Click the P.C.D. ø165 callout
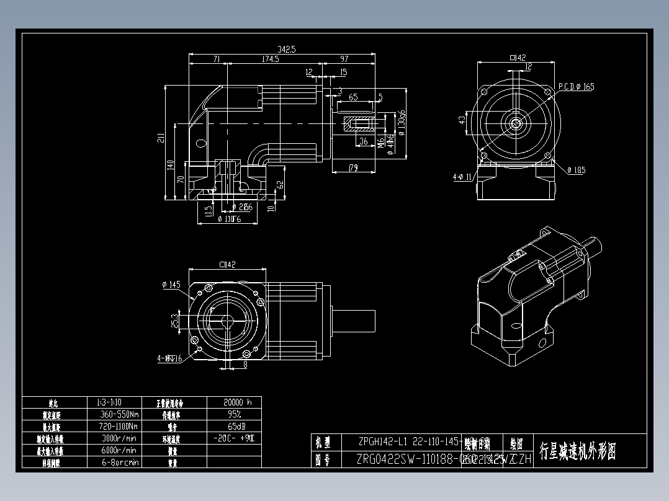tap(575, 87)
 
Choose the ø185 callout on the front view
tap(575, 170)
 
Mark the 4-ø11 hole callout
tap(463, 177)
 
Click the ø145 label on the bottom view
tap(171, 285)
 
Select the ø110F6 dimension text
tap(229, 218)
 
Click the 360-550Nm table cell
tap(119, 414)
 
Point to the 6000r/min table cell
tap(119, 450)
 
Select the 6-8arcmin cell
tap(120, 462)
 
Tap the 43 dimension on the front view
tap(462, 120)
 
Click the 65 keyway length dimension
tap(353, 97)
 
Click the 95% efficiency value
tap(234, 414)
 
